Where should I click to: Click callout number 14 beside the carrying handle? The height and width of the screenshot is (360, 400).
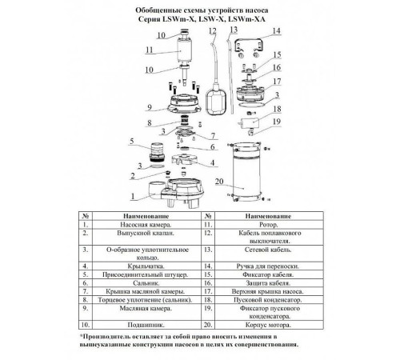pos(277,31)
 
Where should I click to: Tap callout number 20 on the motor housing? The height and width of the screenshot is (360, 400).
pos(219,182)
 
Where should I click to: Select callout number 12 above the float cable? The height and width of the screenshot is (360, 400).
pos(213,31)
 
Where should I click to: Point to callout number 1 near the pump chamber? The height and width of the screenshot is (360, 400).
pos(133,197)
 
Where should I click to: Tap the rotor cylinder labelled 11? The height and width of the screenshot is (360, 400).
pos(183,51)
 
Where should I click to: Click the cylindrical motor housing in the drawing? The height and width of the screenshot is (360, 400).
pos(246,172)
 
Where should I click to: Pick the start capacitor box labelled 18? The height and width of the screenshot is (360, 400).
pos(250,123)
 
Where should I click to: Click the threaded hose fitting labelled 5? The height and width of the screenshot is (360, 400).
pos(157,152)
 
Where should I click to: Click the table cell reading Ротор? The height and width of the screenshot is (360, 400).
pos(269,225)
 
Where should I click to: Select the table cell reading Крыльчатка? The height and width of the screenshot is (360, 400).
pos(146,266)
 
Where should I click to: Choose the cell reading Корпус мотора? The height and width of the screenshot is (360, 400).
pos(268,325)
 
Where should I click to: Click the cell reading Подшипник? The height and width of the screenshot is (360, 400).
pos(146,325)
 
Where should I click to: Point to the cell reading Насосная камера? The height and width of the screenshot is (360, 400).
pos(146,225)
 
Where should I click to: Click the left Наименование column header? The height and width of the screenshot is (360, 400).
pos(146,216)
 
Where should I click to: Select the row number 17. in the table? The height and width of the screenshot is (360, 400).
pos(208,291)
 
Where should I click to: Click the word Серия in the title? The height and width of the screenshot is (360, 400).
pos(149,19)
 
